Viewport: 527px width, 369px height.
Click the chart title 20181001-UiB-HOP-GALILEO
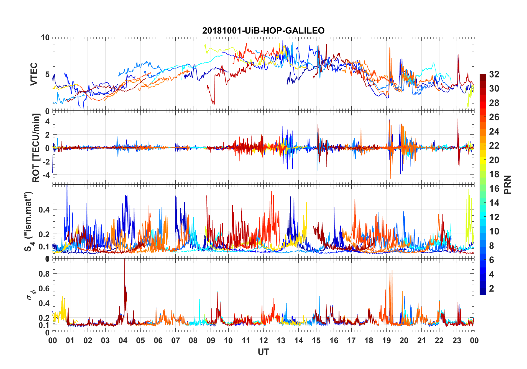263,31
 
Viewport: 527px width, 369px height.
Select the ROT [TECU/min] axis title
36,148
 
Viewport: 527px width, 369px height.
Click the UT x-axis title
263,352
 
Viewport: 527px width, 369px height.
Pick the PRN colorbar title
508,184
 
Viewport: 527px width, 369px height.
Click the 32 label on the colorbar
494,74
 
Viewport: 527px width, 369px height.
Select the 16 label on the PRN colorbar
494,188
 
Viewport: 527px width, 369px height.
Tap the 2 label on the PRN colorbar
492,289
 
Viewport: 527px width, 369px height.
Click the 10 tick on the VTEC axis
45,37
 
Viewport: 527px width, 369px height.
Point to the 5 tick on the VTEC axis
47,74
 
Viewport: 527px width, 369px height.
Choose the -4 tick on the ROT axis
45,175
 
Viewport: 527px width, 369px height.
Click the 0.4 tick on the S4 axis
44,209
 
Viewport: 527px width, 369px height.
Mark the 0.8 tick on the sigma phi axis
44,274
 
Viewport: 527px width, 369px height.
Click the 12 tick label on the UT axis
263,340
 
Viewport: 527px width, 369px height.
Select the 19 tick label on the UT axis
387,340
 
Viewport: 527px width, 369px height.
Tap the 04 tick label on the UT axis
123,340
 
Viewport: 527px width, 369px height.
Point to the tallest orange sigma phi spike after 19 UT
392,267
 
